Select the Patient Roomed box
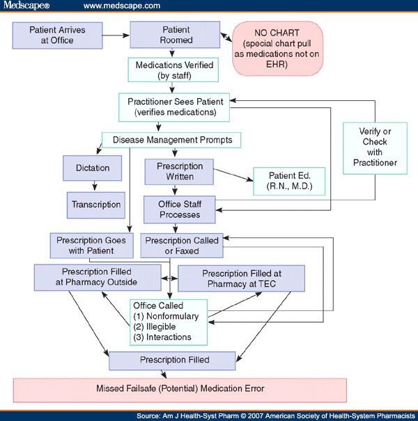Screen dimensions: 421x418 tap(176, 35)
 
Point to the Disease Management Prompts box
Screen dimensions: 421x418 tap(171, 140)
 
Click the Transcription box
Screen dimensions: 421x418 tap(96, 205)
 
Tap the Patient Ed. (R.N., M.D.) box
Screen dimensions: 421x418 tap(288, 182)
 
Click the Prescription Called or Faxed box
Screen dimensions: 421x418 tap(180, 246)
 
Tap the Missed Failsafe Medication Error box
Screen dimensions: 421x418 tap(180, 388)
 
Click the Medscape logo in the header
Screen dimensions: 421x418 tap(26, 6)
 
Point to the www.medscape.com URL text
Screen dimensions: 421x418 tap(122, 6)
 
